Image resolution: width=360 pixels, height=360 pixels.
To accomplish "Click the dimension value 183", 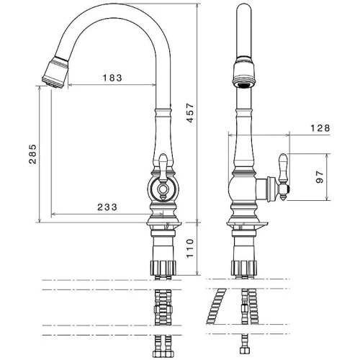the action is pos(112,78).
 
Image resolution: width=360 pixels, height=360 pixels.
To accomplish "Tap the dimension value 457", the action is pos(190,113).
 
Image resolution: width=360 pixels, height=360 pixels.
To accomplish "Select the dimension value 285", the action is pos(32,154).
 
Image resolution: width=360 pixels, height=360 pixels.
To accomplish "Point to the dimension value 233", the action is pos(107,207).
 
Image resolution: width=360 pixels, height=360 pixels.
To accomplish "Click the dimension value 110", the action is pos(190,248).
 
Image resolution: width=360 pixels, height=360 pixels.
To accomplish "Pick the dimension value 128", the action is pos(320,128).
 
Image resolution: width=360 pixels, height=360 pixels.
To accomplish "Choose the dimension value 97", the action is pos(320,177).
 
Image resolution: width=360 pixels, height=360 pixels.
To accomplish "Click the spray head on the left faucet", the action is pos(55,73).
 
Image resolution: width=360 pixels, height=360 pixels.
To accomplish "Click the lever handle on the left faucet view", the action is pos(163,168).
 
